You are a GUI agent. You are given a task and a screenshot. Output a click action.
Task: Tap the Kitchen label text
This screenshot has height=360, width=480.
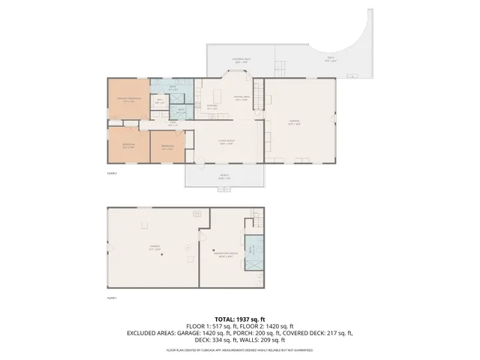pyautogui.click(x=211, y=107)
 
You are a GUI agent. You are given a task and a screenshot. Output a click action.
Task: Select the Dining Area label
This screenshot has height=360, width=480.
pyautogui.click(x=241, y=97)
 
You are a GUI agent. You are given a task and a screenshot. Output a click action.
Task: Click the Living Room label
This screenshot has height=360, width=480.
pyautogui.click(x=226, y=142)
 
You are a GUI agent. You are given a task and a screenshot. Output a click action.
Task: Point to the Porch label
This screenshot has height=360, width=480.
pyautogui.click(x=224, y=178)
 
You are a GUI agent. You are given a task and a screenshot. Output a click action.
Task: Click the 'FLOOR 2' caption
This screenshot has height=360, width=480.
pyautogui.click(x=112, y=173)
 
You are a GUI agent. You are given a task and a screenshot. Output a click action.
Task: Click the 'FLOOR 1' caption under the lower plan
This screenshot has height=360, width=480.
pyautogui.click(x=112, y=298)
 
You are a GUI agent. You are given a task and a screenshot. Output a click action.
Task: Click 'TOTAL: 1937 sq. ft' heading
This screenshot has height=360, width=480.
pyautogui.click(x=239, y=319)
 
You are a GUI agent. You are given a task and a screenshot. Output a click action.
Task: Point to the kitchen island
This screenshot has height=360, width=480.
pyautogui.click(x=219, y=95)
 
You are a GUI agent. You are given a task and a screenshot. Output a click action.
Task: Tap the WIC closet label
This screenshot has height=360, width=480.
pyautogui.click(x=158, y=100)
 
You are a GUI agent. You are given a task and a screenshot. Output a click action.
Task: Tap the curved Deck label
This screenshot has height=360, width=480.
pyautogui.click(x=330, y=60)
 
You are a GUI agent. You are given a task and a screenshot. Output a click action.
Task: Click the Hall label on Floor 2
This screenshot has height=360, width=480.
pyautogui.click(x=172, y=121)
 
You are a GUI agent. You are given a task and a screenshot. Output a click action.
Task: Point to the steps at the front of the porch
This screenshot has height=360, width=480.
pyautogui.click(x=224, y=188)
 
